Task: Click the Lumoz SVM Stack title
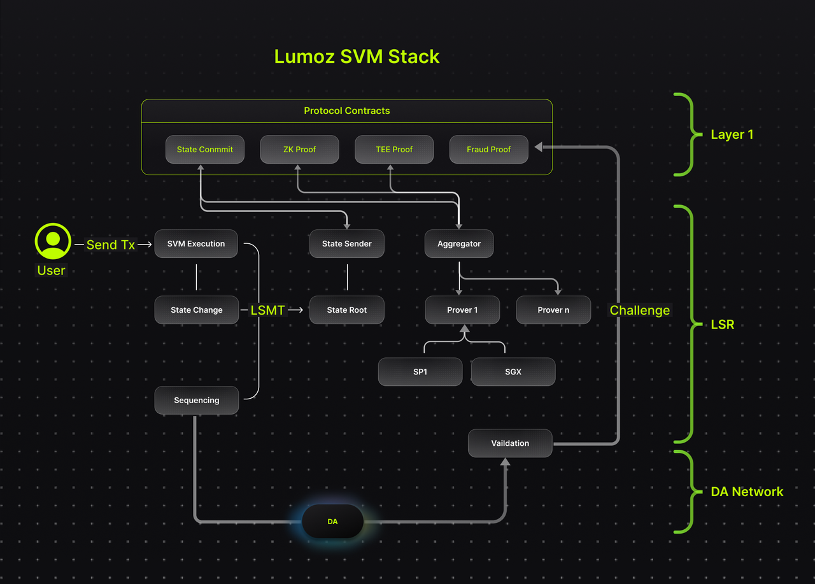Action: (357, 57)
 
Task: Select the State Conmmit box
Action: (205, 149)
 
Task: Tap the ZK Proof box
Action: (299, 149)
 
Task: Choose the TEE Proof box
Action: (394, 149)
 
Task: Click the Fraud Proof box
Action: (488, 149)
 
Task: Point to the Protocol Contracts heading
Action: (347, 111)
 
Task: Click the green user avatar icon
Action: (53, 241)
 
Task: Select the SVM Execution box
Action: (196, 243)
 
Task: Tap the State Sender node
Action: (347, 243)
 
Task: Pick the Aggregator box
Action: (459, 243)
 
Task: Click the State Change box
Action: (197, 310)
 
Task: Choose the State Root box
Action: (347, 310)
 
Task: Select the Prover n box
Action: (553, 310)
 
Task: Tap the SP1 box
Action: (420, 371)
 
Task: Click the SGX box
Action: (513, 371)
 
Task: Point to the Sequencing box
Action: (197, 400)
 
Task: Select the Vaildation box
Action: (510, 443)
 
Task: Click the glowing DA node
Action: (332, 521)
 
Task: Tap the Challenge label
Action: (640, 310)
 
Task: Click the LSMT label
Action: (267, 310)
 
